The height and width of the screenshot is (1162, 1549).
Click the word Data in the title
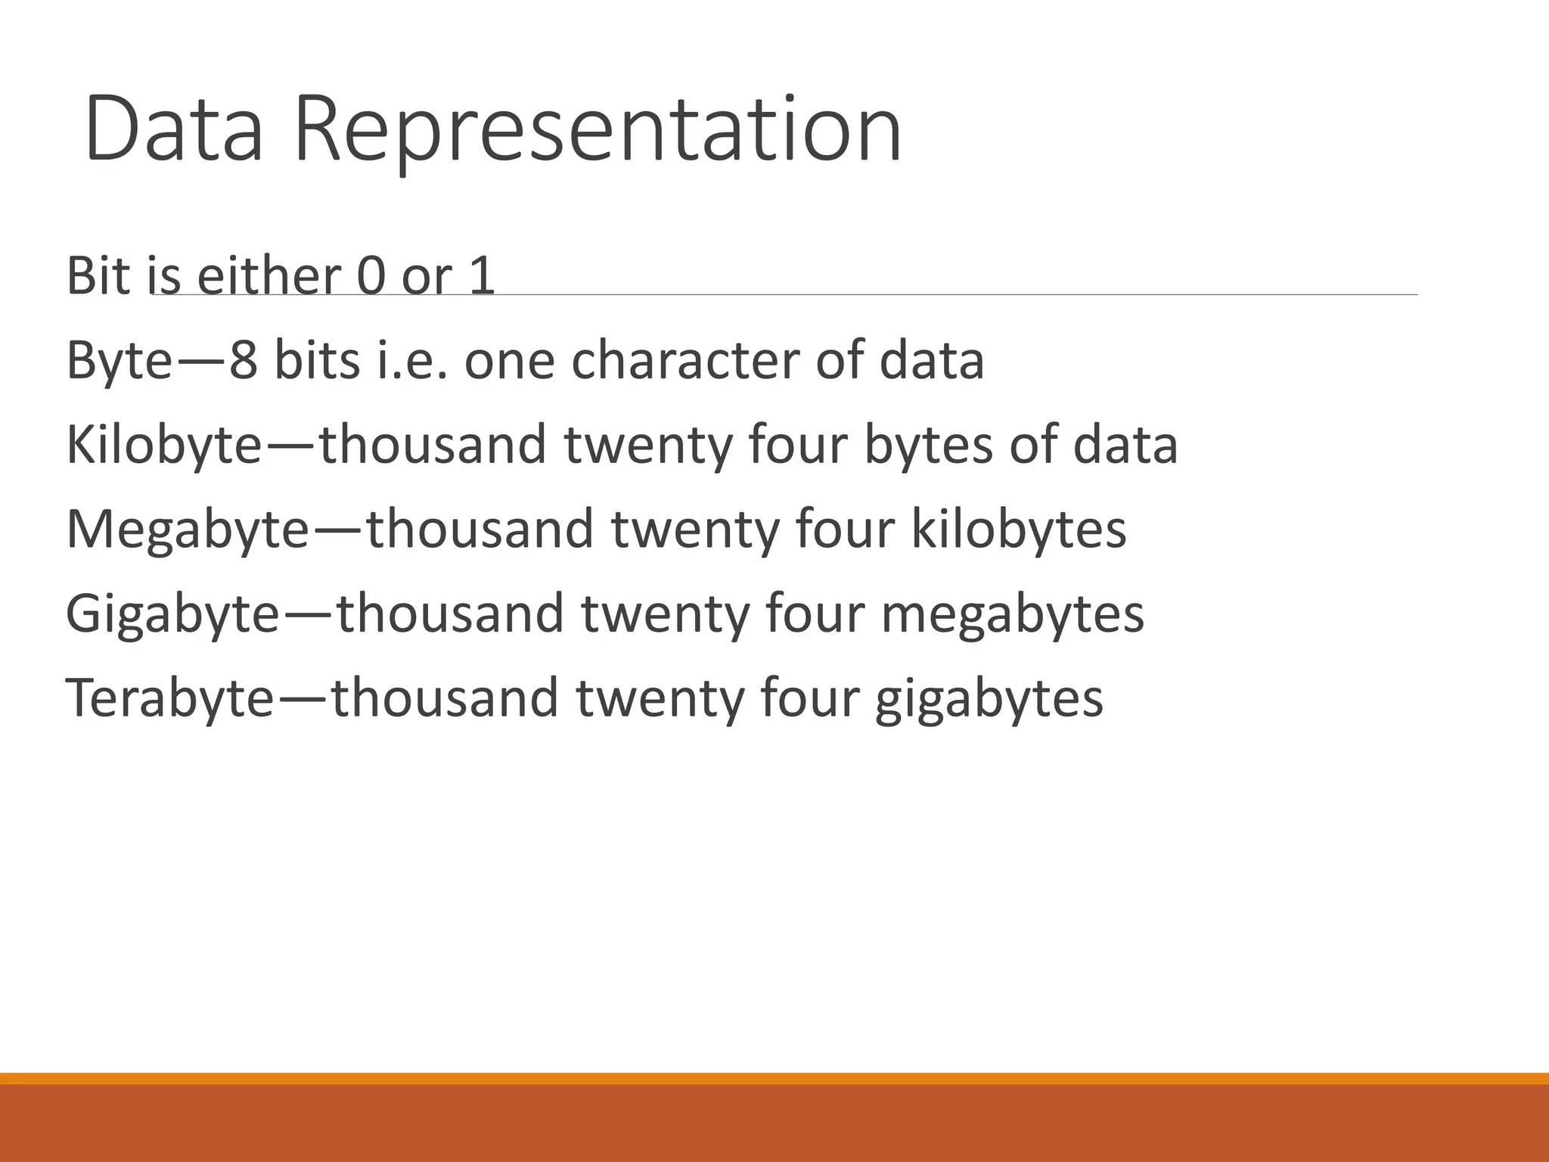175,129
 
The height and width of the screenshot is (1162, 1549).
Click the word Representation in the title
598,130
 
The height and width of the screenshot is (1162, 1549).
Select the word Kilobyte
163,445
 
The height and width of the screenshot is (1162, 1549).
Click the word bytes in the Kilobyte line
927,445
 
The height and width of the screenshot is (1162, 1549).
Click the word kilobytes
1018,530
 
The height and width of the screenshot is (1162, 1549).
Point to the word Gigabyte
172,614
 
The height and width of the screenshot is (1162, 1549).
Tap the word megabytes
1012,614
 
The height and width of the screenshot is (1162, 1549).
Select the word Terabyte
169,698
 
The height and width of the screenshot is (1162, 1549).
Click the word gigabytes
989,698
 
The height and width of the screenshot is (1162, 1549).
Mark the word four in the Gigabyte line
814,614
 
